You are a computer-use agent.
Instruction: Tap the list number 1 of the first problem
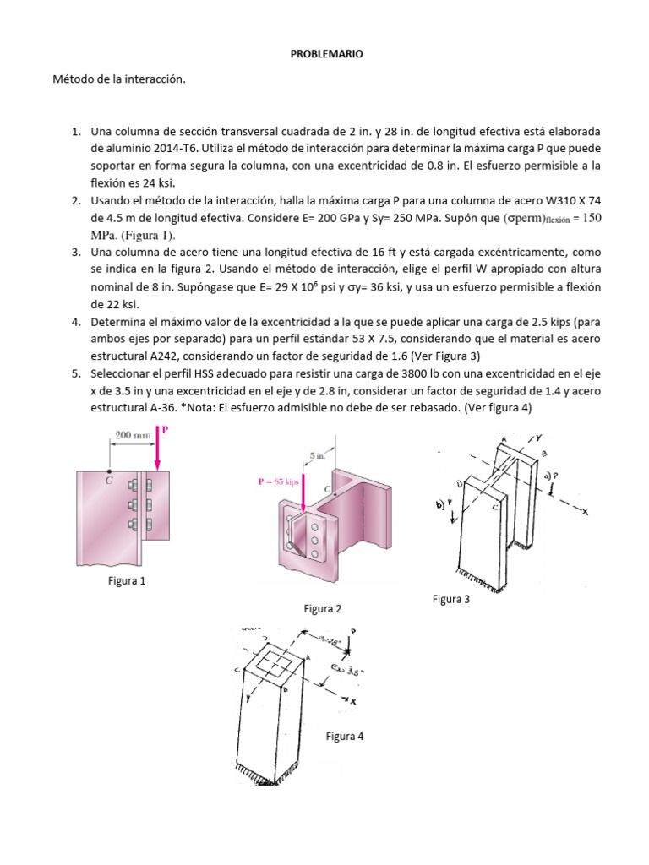point(74,132)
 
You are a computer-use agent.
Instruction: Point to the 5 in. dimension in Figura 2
point(318,455)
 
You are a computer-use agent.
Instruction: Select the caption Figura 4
point(344,737)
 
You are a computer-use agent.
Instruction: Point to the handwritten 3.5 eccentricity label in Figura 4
point(342,672)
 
